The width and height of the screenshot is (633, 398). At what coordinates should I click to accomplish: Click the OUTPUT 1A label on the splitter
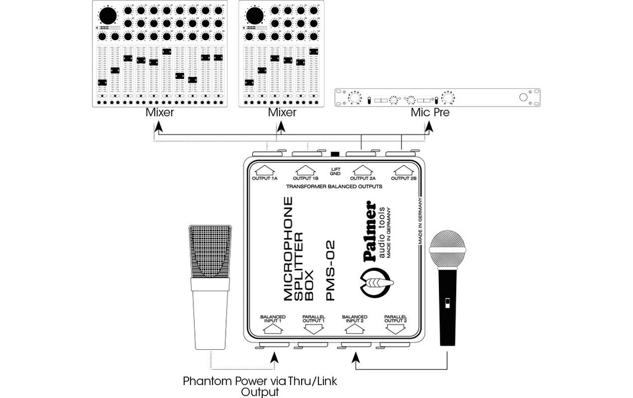pos(265,178)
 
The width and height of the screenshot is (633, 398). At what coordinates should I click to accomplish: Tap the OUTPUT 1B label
pos(305,178)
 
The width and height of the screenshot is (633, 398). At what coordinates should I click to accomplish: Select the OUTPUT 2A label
pos(363,178)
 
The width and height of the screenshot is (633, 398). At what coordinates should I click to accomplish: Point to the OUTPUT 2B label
pos(404,178)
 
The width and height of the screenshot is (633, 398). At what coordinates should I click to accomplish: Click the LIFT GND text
pos(336,172)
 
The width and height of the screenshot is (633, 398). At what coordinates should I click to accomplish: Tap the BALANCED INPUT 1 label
pos(273,318)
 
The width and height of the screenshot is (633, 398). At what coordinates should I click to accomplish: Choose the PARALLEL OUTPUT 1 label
pos(313,318)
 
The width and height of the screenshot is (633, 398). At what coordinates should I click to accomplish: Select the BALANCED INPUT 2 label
pos(354,318)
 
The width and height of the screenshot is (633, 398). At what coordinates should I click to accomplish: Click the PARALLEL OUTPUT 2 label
pos(396,318)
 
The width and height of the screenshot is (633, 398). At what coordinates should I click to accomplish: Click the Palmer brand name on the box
pos(370,231)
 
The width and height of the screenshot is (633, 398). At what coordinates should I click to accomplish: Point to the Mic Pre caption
pos(430,112)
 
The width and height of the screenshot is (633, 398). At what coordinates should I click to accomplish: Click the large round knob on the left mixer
pos(108,16)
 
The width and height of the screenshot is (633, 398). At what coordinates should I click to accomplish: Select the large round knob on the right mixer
pos(255,16)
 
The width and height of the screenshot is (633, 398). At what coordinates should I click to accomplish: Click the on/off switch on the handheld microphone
pos(447,302)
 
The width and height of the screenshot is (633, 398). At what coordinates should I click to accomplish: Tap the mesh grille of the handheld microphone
pos(448,249)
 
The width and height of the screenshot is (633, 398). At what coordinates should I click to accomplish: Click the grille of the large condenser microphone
pos(210,251)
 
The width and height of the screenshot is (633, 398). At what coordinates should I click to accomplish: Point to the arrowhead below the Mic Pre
pos(429,128)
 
